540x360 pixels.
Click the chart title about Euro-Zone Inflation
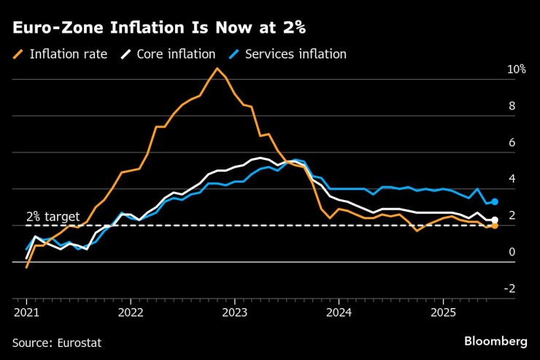[x=158, y=28]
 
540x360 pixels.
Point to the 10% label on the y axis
[x=517, y=69]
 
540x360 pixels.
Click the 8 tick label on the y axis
[x=512, y=106]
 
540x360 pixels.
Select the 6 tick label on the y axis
[x=512, y=142]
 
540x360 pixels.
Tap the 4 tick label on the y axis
[x=512, y=179]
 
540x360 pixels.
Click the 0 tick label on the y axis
[x=512, y=252]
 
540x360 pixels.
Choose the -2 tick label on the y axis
[x=510, y=288]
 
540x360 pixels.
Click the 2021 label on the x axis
[x=27, y=313]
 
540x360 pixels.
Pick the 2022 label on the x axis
[x=131, y=313]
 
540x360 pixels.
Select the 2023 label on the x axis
[x=235, y=313]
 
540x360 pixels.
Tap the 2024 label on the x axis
[x=339, y=313]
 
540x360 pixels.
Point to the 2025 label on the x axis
[x=443, y=313]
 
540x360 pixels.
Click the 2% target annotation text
[x=53, y=216]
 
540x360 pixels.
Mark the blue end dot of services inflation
[x=495, y=202]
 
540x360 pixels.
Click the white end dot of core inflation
[x=495, y=220]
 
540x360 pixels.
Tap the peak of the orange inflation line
[x=217, y=68]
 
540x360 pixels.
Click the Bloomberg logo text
[x=495, y=341]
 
